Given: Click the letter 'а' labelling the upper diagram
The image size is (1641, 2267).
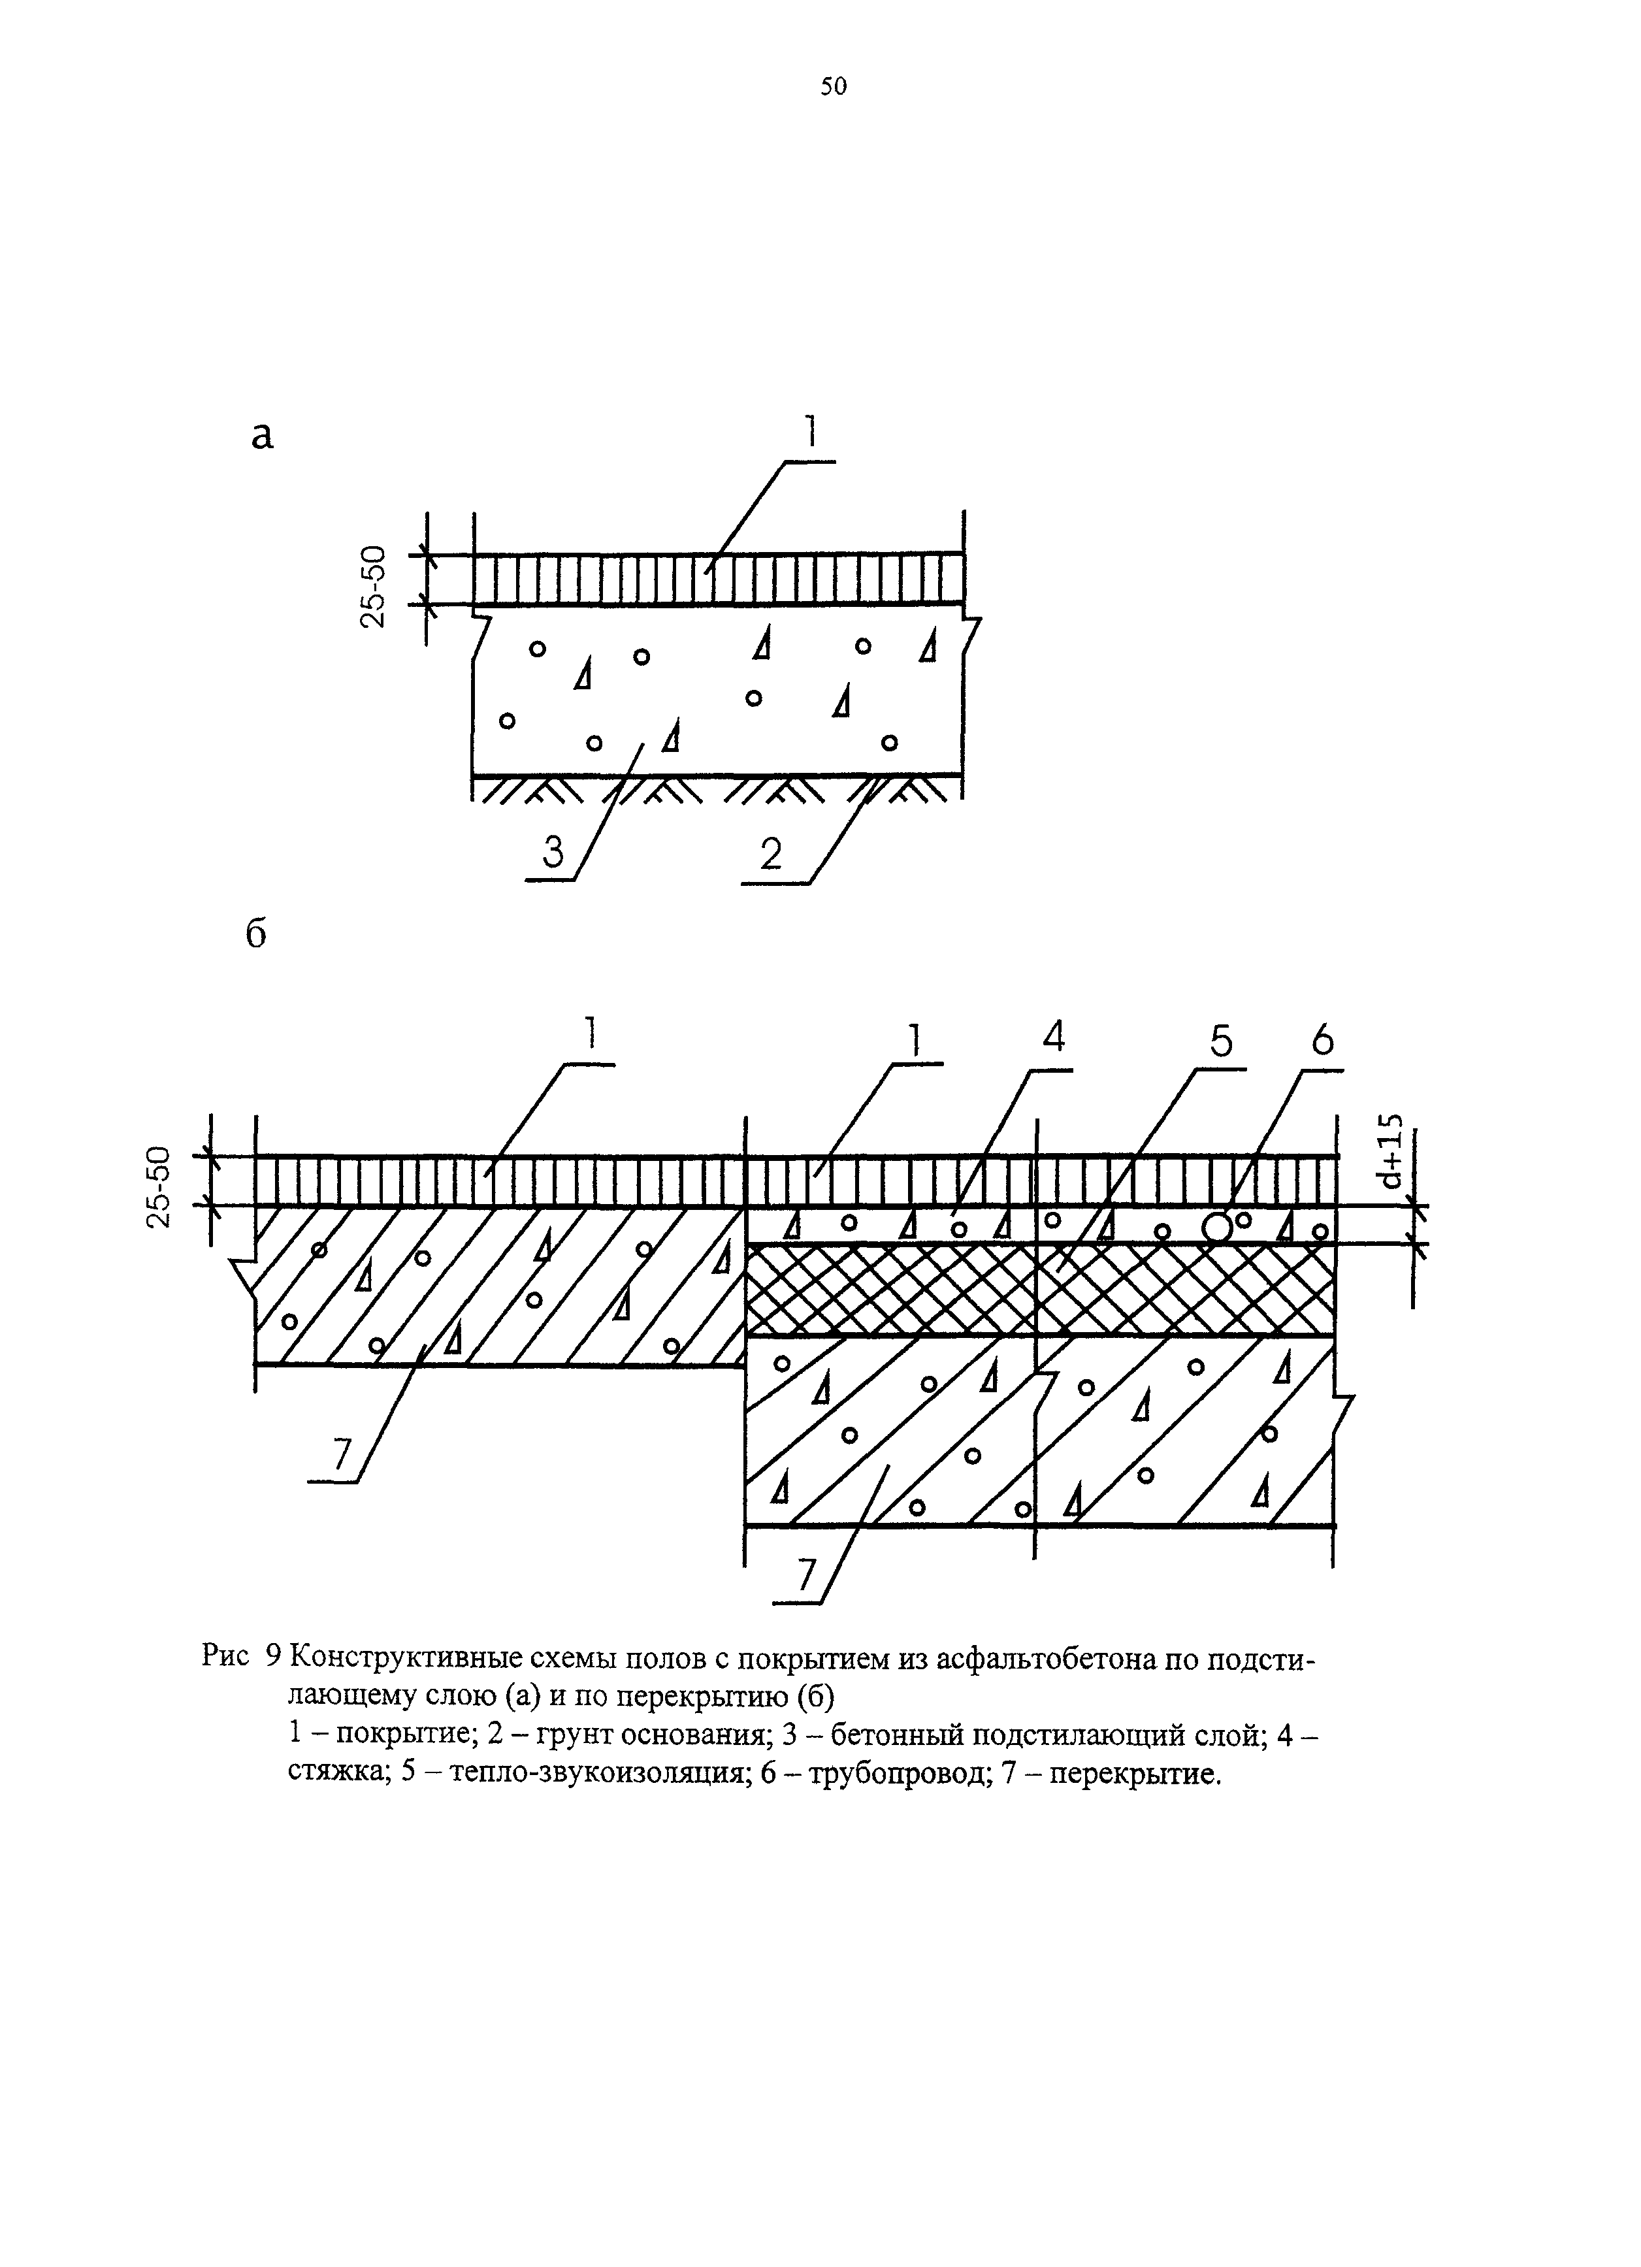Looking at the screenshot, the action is pyautogui.click(x=262, y=437).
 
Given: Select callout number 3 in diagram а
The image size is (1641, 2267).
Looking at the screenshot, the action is pyautogui.click(x=553, y=852).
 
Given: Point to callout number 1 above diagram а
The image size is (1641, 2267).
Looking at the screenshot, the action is pyautogui.click(x=811, y=432).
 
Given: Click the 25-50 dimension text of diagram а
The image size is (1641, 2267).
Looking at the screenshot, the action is pyautogui.click(x=372, y=586).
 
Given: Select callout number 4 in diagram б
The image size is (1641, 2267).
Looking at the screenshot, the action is pyautogui.click(x=1053, y=1037).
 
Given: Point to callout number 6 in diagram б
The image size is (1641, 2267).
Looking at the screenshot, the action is pyautogui.click(x=1321, y=1041).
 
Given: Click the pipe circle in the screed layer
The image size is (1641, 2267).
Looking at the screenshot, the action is pyautogui.click(x=1217, y=1226).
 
